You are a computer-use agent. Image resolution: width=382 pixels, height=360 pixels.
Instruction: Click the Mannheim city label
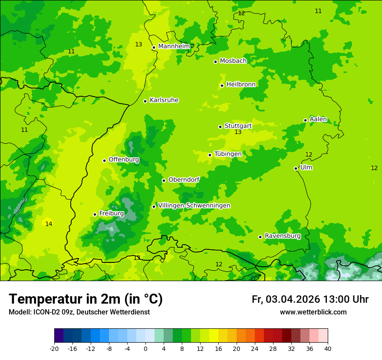[174, 46]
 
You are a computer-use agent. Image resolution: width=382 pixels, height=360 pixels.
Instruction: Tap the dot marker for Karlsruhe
[145, 101]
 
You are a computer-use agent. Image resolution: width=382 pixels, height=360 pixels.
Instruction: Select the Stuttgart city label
[238, 126]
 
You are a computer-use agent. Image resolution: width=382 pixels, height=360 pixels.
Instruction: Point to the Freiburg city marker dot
[95, 214]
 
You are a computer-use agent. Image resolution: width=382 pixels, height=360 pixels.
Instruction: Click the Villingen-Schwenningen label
[194, 206]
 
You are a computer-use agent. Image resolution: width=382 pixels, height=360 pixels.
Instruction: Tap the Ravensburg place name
[283, 236]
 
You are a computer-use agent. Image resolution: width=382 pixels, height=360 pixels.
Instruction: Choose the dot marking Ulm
[296, 168]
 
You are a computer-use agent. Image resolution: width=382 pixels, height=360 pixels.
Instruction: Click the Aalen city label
[318, 119]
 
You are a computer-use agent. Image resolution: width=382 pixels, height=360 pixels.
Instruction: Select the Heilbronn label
[241, 85]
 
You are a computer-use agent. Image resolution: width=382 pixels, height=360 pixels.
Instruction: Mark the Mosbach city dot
[215, 62]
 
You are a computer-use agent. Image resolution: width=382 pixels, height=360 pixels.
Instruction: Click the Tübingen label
[228, 154]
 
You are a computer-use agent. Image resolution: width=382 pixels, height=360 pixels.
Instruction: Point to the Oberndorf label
[184, 180]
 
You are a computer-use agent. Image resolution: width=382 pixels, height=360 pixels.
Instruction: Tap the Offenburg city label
[124, 160]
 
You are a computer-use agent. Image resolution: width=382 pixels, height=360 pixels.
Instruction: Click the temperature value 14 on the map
[49, 224]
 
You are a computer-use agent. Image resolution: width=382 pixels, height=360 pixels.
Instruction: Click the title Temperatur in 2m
[86, 299]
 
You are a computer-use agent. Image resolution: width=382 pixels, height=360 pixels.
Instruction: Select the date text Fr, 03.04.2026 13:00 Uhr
[310, 300]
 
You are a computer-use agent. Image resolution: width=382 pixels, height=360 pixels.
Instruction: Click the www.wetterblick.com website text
[313, 312]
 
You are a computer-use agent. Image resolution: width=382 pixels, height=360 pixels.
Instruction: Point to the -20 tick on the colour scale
[54, 349]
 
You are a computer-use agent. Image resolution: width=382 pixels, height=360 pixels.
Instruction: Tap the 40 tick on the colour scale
[328, 349]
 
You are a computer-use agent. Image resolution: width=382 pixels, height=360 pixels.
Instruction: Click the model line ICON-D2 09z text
[79, 312]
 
